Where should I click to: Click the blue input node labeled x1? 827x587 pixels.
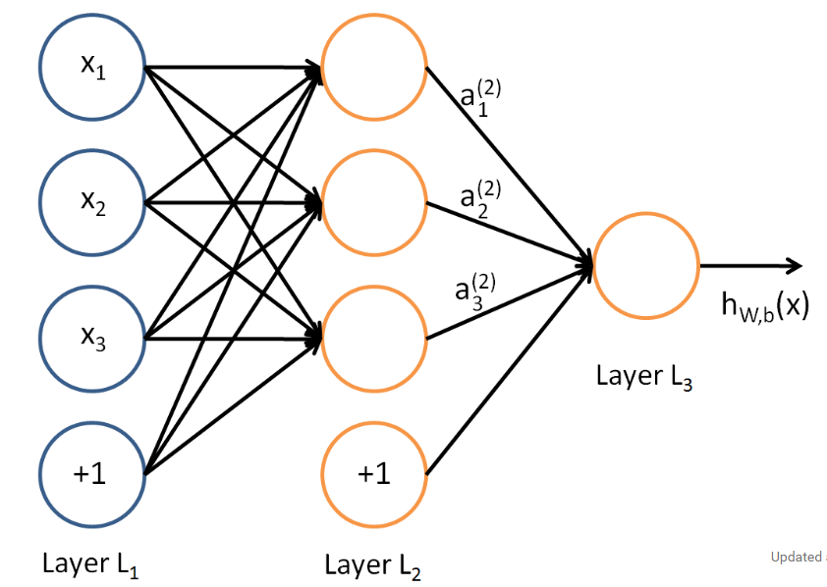point(92,68)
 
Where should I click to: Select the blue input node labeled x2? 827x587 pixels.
point(92,203)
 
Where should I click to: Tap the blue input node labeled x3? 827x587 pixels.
point(92,339)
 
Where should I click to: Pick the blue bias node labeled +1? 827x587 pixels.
point(92,474)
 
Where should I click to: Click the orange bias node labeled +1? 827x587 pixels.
point(373,474)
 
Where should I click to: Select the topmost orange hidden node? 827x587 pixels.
point(373,68)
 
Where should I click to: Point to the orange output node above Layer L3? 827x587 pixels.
point(644,265)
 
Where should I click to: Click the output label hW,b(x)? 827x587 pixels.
point(765,306)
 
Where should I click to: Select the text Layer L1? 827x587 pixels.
point(90,564)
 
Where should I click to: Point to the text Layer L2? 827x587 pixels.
point(372,564)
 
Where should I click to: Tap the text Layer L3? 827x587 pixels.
point(643,378)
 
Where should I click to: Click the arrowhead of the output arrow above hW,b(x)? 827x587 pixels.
point(796,265)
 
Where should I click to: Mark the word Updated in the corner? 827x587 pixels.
point(795,557)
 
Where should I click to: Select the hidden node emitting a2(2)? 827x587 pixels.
point(373,203)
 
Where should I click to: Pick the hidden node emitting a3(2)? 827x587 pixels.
point(373,339)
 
